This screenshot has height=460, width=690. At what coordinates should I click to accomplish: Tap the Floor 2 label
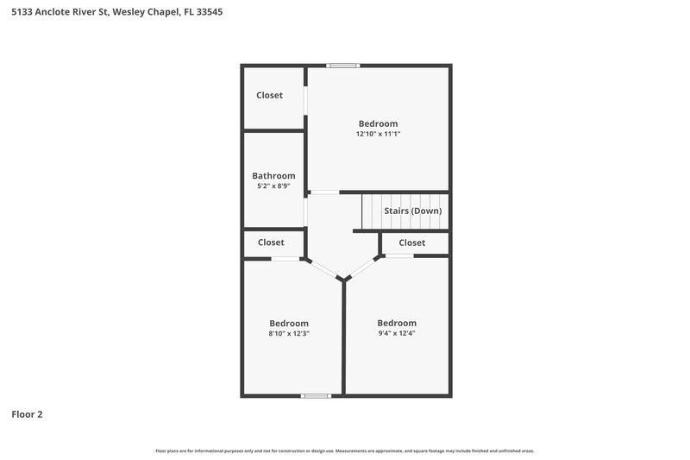click(27, 414)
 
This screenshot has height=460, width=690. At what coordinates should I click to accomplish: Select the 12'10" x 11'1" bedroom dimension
click(378, 135)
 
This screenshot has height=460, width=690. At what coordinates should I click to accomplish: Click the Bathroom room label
click(273, 175)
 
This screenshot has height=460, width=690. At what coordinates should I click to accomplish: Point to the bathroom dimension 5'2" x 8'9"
click(273, 186)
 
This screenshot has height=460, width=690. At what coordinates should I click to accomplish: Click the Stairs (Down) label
click(412, 211)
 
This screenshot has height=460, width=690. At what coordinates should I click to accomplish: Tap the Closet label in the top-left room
click(269, 95)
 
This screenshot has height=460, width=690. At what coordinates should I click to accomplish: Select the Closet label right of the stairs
click(411, 243)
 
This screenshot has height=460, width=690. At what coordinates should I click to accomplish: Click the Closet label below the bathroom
click(271, 243)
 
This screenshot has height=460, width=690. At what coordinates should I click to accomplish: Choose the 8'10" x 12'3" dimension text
click(288, 333)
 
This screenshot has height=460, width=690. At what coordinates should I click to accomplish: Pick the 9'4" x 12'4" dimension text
click(397, 333)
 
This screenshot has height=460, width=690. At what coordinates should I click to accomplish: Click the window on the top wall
click(342, 65)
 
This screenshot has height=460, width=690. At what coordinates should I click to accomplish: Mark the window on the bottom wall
click(316, 396)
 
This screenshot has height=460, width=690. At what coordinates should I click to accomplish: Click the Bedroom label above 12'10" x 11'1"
click(378, 123)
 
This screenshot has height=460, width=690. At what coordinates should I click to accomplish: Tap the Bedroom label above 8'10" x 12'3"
click(288, 323)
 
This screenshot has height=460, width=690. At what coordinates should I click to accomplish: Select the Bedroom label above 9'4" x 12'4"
click(397, 323)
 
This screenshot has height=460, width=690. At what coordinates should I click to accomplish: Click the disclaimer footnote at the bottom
click(344, 451)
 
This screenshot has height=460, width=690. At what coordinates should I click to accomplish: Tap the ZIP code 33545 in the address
click(210, 13)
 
